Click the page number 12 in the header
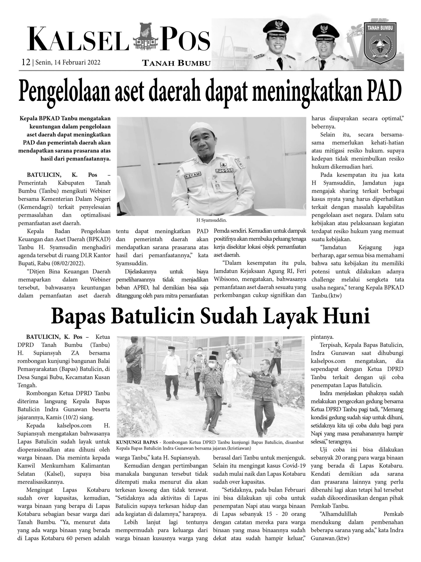(x=26, y=62)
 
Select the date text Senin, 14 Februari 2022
(x=68, y=63)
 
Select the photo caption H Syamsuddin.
(x=211, y=220)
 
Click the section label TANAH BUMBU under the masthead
(x=176, y=63)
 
